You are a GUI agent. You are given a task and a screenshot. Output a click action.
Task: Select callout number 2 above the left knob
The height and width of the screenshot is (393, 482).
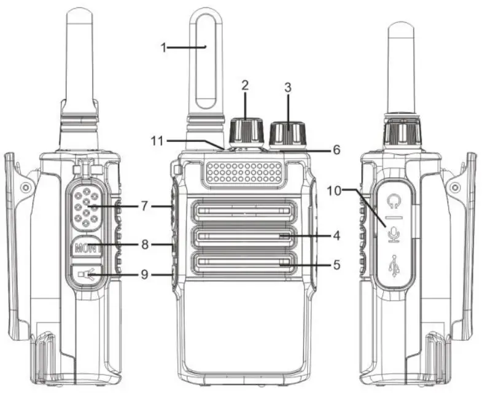point(244,85)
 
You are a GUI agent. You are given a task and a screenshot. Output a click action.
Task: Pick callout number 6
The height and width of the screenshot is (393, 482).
point(336,149)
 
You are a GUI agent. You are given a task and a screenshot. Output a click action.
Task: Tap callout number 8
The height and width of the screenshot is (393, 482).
point(144,244)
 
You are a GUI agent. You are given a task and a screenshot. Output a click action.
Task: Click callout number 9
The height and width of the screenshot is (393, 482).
point(144,274)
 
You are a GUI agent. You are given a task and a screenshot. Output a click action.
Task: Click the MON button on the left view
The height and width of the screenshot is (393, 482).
point(85,249)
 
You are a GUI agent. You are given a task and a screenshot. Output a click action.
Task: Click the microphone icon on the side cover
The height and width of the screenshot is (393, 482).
point(394,234)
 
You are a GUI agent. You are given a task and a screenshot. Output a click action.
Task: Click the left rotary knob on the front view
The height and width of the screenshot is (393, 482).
point(246,130)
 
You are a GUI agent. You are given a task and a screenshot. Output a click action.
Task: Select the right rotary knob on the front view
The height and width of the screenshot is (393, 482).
point(287,133)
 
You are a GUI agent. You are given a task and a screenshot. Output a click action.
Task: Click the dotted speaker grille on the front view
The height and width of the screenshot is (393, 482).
point(245,173)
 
